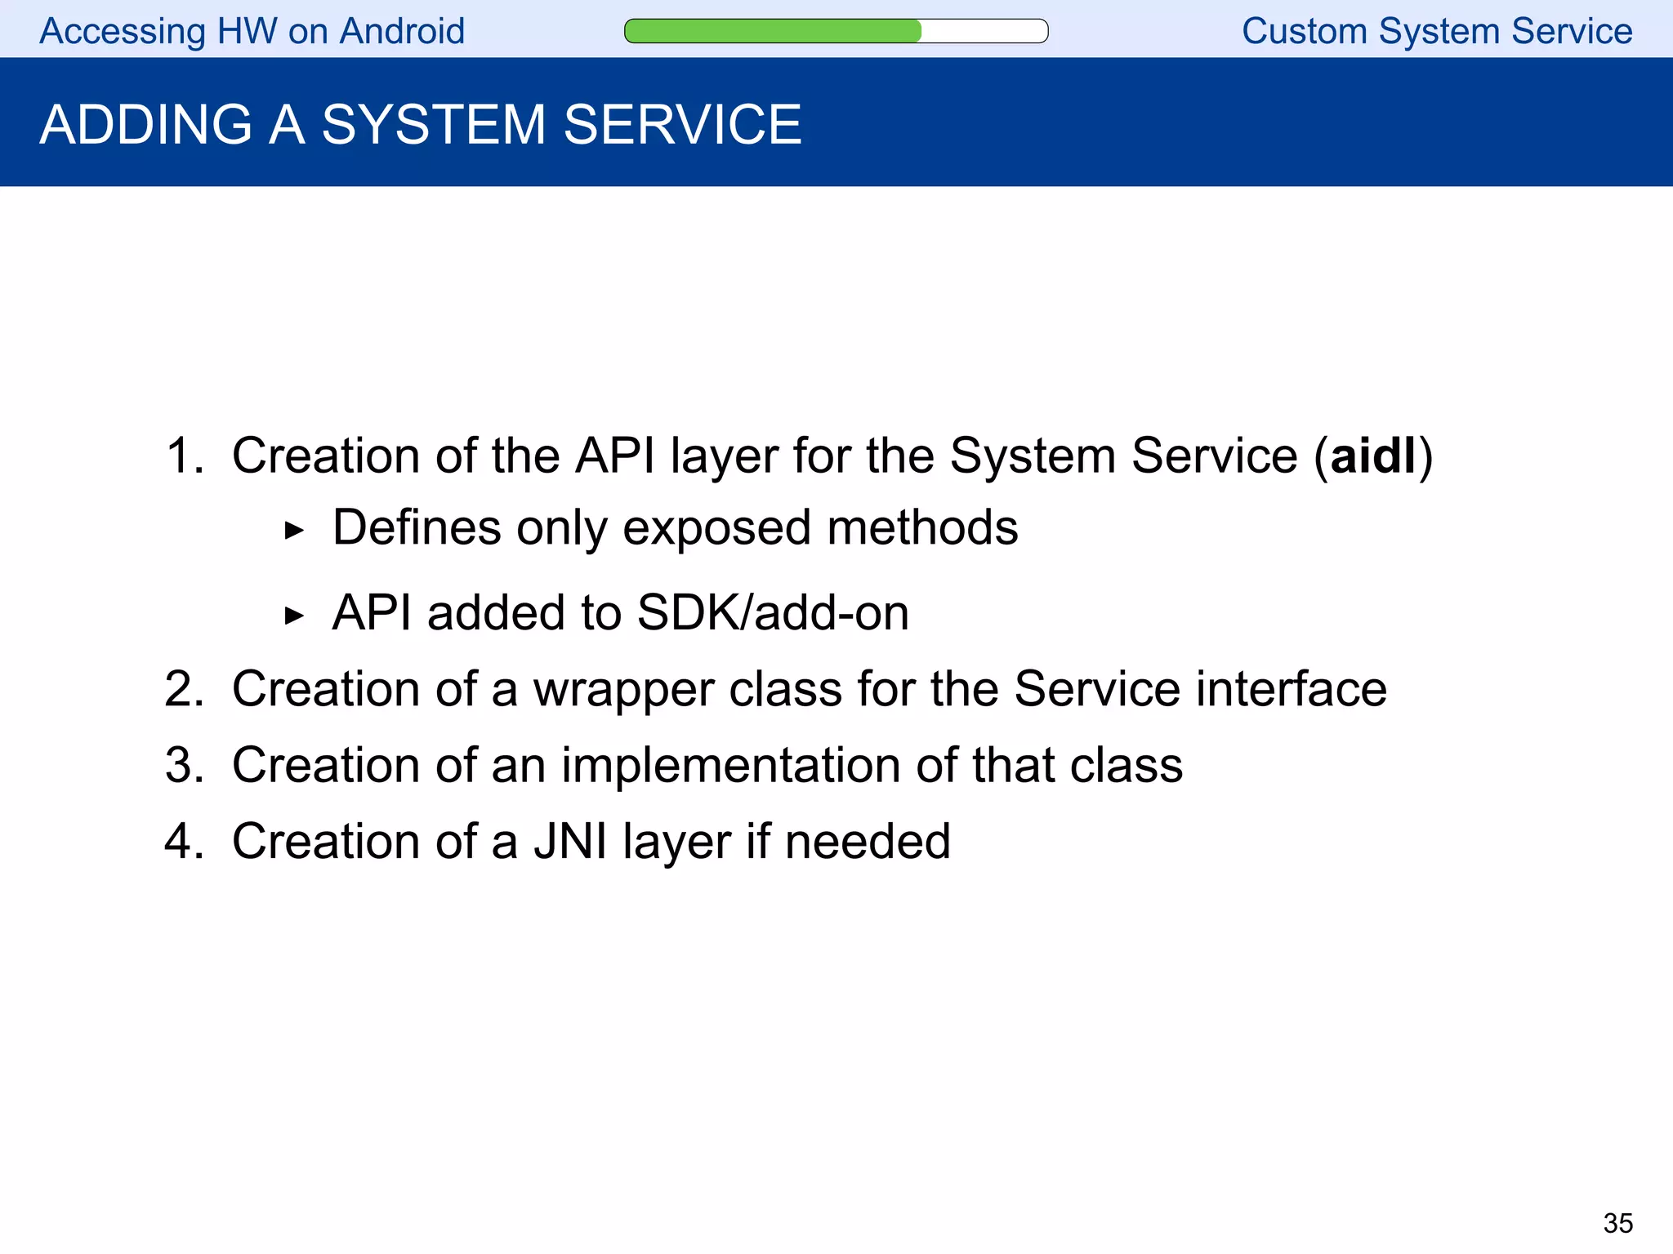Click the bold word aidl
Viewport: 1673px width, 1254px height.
pos(1372,456)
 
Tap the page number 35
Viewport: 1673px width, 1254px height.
pos(1617,1223)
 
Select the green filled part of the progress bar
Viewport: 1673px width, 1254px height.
pos(772,31)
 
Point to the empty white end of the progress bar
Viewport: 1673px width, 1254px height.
pos(984,31)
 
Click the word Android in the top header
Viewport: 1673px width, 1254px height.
pos(402,31)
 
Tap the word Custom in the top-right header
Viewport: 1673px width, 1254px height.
pos(1304,31)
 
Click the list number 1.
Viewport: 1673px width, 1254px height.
pos(183,456)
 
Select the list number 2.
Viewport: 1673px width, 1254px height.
pos(183,689)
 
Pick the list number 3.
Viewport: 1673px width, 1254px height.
pos(183,765)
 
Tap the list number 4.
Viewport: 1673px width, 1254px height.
pos(183,841)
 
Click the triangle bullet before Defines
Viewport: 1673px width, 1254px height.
pos(294,531)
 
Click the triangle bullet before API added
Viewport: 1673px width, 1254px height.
pos(294,616)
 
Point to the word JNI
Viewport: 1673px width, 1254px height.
pos(570,841)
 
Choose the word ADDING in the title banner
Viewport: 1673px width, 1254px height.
pos(145,125)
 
